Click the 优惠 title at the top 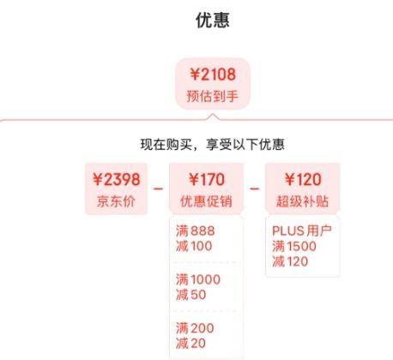[213, 21]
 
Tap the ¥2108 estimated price [213, 75]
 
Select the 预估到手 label [213, 96]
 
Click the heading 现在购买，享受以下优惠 [213, 144]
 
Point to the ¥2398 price [117, 180]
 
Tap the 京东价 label [116, 201]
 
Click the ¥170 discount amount [207, 180]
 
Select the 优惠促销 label [206, 201]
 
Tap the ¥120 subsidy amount [303, 180]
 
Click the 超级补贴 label [302, 201]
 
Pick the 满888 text [196, 231]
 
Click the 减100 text [194, 246]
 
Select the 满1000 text [198, 279]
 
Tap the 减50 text [190, 295]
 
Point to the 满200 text [195, 328]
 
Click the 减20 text [190, 343]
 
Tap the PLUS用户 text [302, 231]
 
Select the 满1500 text [294, 246]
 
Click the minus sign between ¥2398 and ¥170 [158, 189]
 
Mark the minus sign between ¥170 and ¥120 [255, 189]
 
